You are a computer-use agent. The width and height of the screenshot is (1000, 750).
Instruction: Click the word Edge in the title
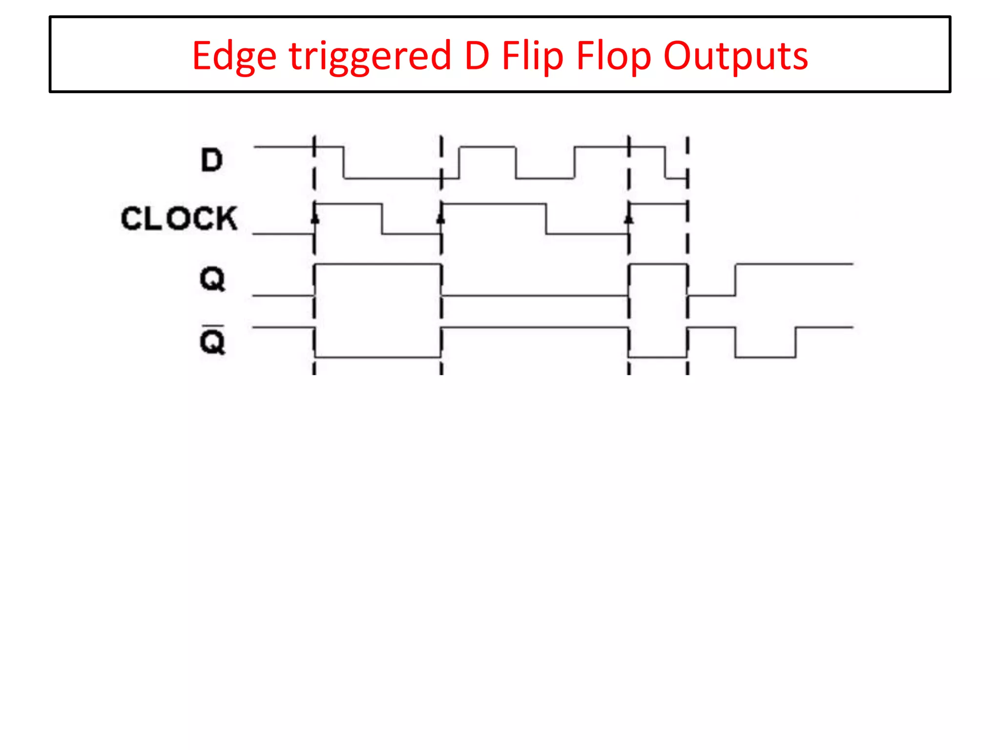tap(234, 56)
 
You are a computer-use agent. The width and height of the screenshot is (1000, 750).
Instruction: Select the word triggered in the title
tap(370, 56)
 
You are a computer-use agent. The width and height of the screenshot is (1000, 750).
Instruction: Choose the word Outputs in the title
tap(735, 56)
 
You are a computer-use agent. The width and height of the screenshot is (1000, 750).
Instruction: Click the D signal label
tap(212, 160)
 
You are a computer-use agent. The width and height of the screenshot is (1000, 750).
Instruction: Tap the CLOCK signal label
tap(179, 218)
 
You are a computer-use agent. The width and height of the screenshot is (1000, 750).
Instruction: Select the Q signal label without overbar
tap(212, 279)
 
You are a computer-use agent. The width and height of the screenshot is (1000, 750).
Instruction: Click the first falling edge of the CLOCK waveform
tap(382, 219)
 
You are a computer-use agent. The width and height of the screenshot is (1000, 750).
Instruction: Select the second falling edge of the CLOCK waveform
tap(546, 219)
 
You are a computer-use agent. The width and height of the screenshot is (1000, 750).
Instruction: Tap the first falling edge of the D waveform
tap(344, 163)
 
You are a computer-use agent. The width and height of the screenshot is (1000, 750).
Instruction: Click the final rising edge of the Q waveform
tap(735, 279)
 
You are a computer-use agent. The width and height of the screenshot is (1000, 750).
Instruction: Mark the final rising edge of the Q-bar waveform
tap(796, 342)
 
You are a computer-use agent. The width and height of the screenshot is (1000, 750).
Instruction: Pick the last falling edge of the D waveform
tap(665, 163)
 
